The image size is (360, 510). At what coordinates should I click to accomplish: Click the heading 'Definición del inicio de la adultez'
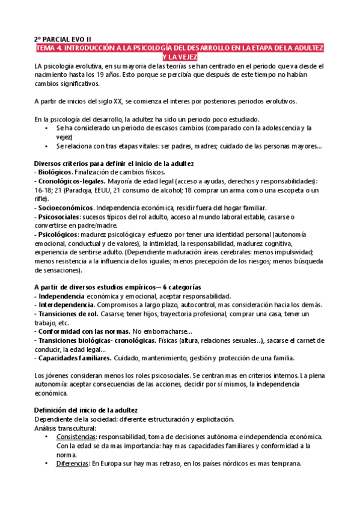click(x=86, y=410)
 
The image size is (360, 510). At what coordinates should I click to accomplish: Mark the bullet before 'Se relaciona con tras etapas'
click(x=46, y=146)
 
